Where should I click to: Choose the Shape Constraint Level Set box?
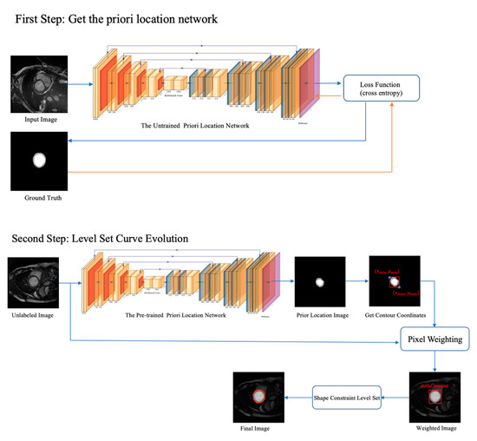pos(346,396)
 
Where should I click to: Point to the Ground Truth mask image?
pos(37,160)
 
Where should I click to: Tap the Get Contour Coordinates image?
pos(395,281)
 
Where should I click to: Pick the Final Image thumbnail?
pos(258,396)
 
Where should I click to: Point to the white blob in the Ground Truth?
pos(37,161)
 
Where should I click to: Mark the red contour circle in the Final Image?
pos(258,394)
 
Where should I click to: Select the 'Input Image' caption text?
pos(37,120)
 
